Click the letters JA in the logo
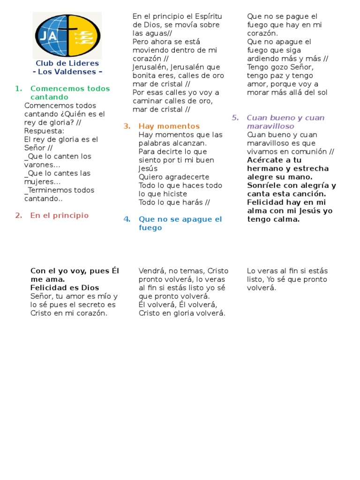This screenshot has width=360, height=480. pos(46,36)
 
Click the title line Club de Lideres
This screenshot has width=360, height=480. pos(67,63)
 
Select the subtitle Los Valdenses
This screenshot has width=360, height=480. pos(67,72)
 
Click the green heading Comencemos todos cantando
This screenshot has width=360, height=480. pos(70,93)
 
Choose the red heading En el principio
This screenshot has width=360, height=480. pos(59,216)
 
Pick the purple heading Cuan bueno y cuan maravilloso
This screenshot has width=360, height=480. pos(285,122)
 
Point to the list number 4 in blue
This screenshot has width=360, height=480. pos(127,219)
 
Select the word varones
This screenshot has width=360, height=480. pos(42,165)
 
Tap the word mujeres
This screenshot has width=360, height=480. pos(42,182)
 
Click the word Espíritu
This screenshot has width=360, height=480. pos(204,16)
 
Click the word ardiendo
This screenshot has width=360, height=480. pos(264,59)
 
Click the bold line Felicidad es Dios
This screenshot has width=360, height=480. pos(65,288)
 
